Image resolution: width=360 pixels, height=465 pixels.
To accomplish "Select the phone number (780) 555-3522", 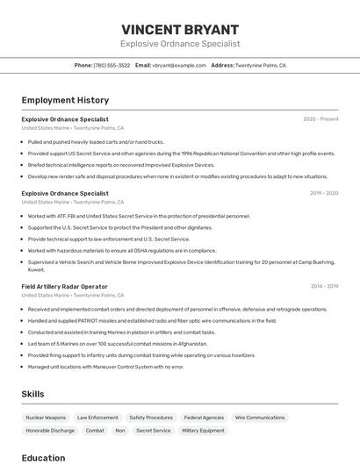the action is pos(112,65).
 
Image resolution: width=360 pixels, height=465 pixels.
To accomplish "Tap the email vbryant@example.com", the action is pos(178,65).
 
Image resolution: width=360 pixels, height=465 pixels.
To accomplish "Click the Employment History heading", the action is pos(65,100).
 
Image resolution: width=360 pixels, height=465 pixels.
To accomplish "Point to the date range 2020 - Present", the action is pos(320,119).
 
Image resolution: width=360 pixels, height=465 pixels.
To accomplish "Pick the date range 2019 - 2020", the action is pos(324,193).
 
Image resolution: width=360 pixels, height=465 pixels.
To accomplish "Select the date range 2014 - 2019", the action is pos(324,286).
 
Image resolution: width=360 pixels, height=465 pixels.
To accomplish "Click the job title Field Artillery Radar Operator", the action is pos(64,286).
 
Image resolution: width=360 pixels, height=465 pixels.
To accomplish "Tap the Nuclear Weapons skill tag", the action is pos(46,418).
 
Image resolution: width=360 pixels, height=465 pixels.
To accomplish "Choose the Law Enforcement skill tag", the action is pos(97,418).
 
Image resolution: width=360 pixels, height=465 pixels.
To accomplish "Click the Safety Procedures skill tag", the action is pos(151,418).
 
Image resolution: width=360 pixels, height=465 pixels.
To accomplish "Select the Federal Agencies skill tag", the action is pos(204,418).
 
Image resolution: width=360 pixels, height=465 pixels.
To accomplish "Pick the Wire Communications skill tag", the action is pos(260,418).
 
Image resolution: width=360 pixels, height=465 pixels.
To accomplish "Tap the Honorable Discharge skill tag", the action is pos(50,431).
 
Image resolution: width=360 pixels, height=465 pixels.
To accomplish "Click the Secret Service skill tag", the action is pos(154,431).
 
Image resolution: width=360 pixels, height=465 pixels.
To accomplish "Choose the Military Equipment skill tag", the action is pos(203,431).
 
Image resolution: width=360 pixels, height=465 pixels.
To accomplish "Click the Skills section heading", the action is pos(32,394).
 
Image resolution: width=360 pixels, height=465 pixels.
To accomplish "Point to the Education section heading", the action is pos(43,457).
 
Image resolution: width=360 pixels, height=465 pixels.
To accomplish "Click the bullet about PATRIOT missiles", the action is pos(152,320).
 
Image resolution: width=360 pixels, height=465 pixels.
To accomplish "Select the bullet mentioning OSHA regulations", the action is pos(121,250).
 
